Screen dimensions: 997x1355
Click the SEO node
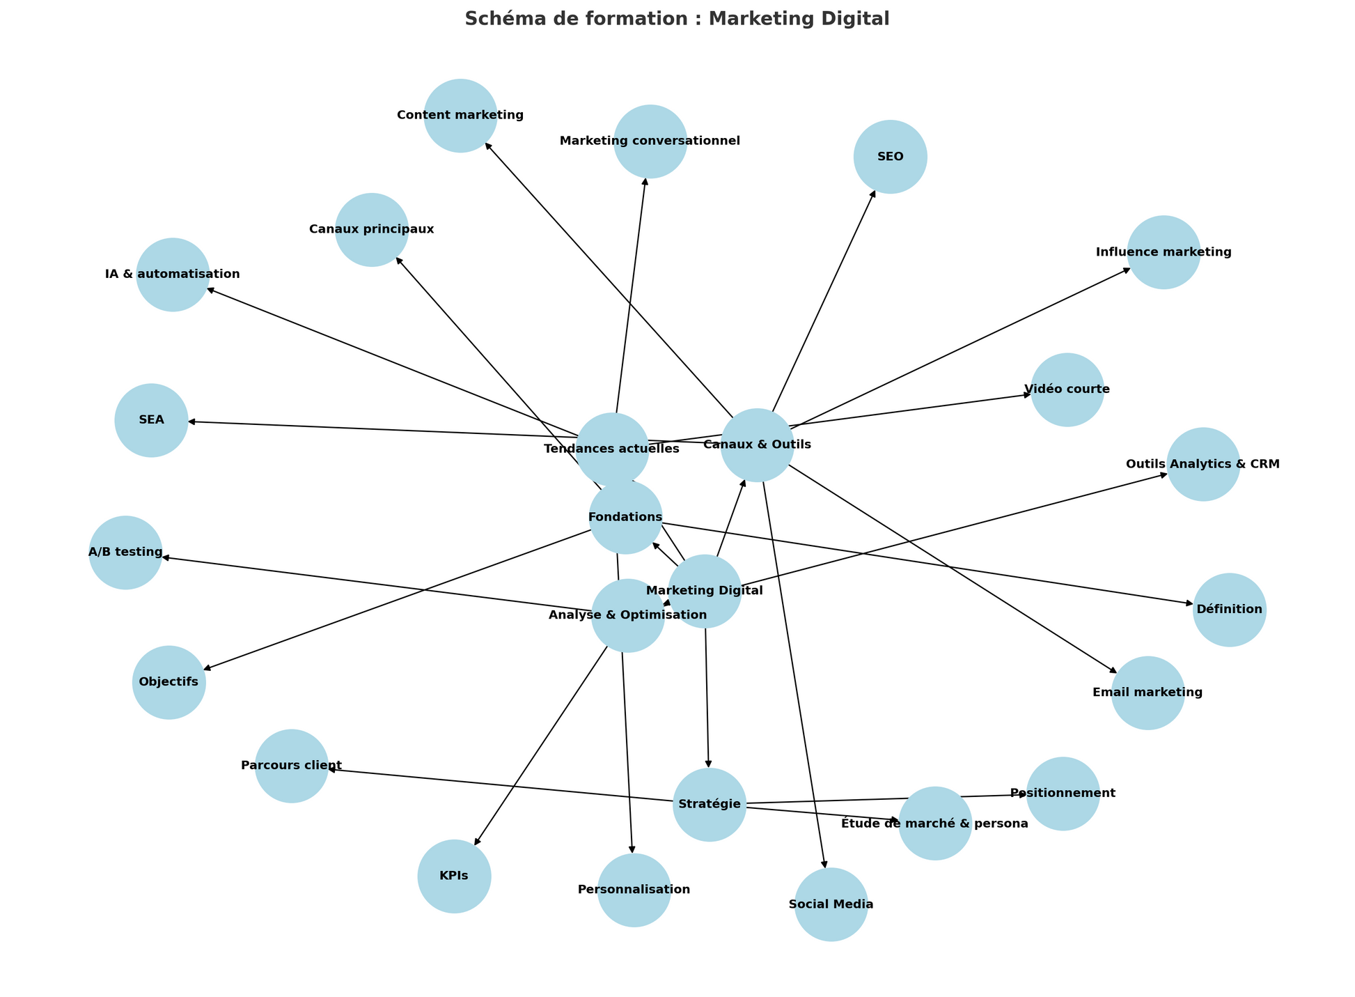point(890,157)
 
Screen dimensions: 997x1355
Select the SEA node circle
point(151,420)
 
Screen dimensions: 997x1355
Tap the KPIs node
point(454,876)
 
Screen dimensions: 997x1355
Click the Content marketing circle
point(460,116)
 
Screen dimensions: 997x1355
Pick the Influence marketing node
point(1164,252)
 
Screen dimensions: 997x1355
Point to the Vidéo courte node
point(1067,389)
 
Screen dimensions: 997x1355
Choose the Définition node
point(1229,610)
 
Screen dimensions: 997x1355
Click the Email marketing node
point(1148,693)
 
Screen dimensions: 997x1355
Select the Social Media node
point(831,904)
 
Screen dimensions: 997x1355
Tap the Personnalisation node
point(634,890)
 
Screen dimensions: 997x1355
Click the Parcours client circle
point(292,766)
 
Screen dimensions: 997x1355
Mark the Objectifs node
point(169,682)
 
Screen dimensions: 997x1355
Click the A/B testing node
point(125,552)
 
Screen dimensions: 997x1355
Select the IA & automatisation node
point(173,275)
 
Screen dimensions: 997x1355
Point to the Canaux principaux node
point(372,229)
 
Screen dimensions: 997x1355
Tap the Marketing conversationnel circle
point(650,141)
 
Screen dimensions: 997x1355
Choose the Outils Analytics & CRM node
point(1203,464)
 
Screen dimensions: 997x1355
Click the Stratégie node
point(709,805)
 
